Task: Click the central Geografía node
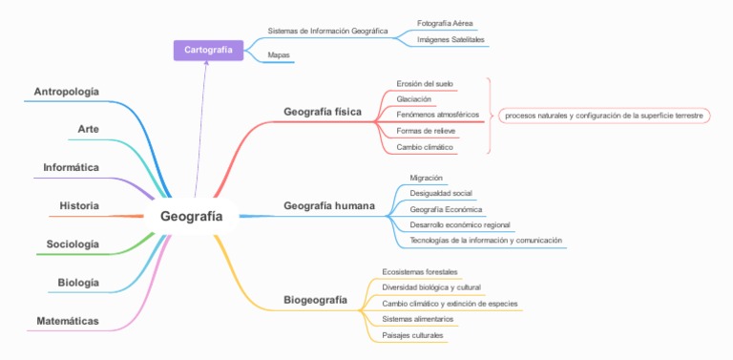tap(191, 216)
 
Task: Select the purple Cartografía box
tap(208, 49)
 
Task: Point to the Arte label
tap(89, 129)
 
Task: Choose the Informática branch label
tap(71, 167)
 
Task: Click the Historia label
tap(79, 205)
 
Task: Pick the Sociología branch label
tap(73, 244)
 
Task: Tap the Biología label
tap(78, 283)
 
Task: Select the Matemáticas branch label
tap(68, 321)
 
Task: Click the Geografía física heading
tap(323, 112)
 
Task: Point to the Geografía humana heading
tap(328, 206)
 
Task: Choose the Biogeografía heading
tap(315, 301)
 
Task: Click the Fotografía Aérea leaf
tap(446, 23)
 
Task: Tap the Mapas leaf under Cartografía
tap(279, 55)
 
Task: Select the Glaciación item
tap(413, 99)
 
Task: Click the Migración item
tap(426, 179)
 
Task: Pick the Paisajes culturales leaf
tap(412, 335)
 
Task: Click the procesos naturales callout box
tap(603, 116)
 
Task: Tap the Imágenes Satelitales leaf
tap(450, 40)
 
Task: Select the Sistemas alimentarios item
tap(417, 319)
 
